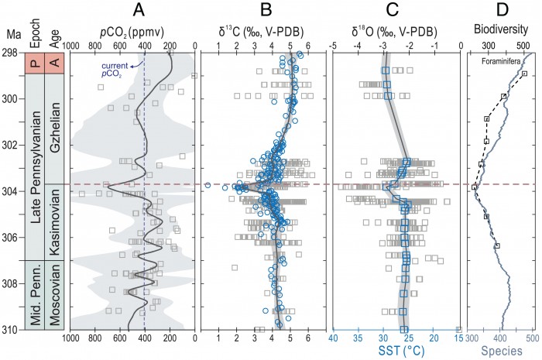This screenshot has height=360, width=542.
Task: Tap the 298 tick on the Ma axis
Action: tap(12, 53)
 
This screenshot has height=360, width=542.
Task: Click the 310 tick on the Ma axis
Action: tap(12, 331)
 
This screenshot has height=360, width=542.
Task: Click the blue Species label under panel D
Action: tap(500, 352)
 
